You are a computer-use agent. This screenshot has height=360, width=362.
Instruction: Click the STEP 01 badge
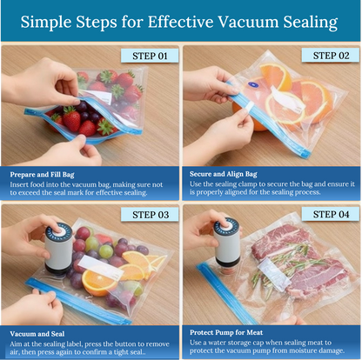[150, 56]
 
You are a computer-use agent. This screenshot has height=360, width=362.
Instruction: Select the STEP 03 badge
[150, 214]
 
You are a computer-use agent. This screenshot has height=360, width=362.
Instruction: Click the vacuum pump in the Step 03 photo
[57, 252]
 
